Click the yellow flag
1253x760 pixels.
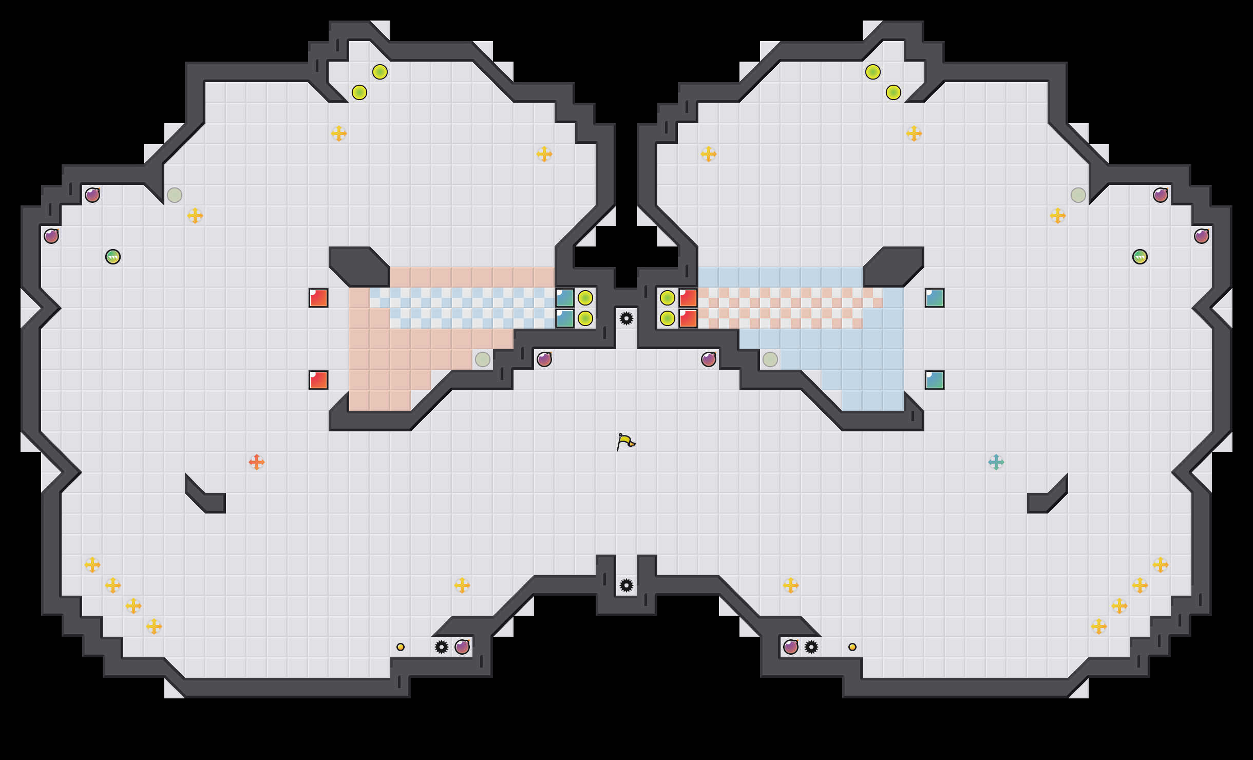coord(625,442)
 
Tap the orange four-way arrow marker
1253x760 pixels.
coord(257,462)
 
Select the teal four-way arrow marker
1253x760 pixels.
coord(996,462)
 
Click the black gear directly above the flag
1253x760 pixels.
coord(627,318)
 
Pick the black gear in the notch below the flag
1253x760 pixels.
coord(627,585)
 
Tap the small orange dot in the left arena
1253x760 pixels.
coord(401,647)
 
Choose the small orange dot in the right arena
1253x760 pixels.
coord(852,647)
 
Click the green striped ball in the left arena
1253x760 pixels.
coord(113,257)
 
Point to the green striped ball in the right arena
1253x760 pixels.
coord(1140,257)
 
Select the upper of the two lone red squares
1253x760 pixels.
coord(318,298)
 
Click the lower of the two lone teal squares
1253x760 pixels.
coord(935,380)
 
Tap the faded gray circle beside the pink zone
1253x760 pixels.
coord(483,359)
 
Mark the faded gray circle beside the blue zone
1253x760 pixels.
coord(770,359)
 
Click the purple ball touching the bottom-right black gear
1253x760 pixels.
coord(791,647)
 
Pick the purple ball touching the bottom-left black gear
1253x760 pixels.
coord(462,647)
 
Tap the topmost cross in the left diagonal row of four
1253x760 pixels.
coord(92,565)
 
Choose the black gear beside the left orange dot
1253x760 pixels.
coord(442,647)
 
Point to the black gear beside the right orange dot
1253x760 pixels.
coord(811,647)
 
